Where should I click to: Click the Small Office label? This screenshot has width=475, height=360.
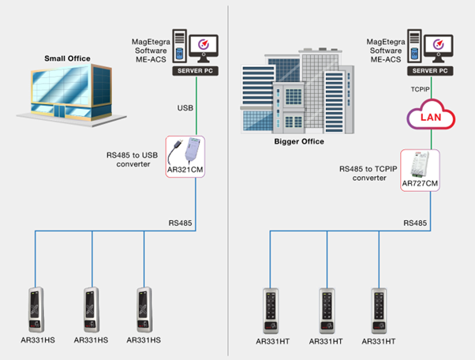[69, 58]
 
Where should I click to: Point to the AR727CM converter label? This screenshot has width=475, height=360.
[420, 183]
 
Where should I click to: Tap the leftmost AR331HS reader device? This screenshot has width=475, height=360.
[36, 309]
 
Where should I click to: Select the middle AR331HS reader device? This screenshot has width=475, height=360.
[92, 309]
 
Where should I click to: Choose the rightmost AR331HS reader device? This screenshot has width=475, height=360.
[144, 309]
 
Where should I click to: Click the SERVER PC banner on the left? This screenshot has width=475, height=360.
[192, 71]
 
